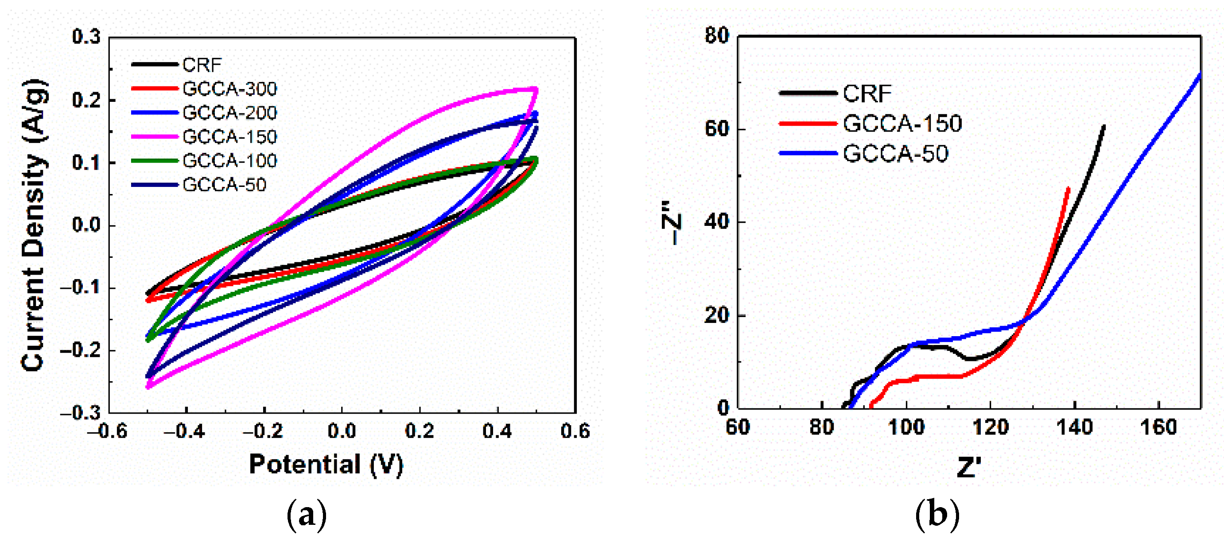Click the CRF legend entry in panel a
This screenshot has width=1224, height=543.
pyautogui.click(x=202, y=65)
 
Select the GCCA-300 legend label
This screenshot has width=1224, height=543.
pyautogui.click(x=229, y=89)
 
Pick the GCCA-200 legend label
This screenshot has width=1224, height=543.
pyautogui.click(x=229, y=112)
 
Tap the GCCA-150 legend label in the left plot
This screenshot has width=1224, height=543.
pyautogui.click(x=229, y=137)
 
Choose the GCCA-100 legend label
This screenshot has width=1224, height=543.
pyautogui.click(x=229, y=161)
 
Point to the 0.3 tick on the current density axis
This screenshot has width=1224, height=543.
pyautogui.click(x=86, y=37)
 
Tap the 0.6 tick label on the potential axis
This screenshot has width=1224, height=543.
pyautogui.click(x=575, y=431)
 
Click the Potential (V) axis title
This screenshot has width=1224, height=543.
pyautogui.click(x=326, y=464)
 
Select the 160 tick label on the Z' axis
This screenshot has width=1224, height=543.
pyautogui.click(x=1158, y=427)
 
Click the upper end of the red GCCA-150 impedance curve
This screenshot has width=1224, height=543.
pyautogui.click(x=1069, y=188)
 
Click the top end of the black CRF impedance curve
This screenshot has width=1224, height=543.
pyautogui.click(x=1104, y=126)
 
